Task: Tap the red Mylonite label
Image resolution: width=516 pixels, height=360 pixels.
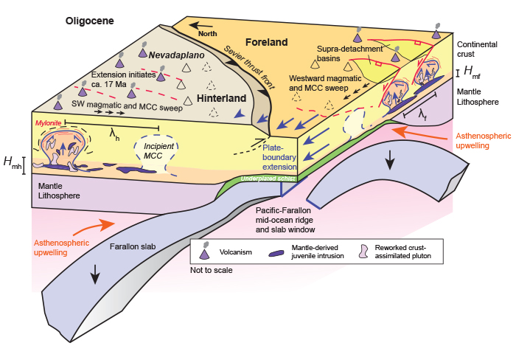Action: (x=47, y=121)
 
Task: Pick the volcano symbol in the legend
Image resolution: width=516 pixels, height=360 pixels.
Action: (x=204, y=252)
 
